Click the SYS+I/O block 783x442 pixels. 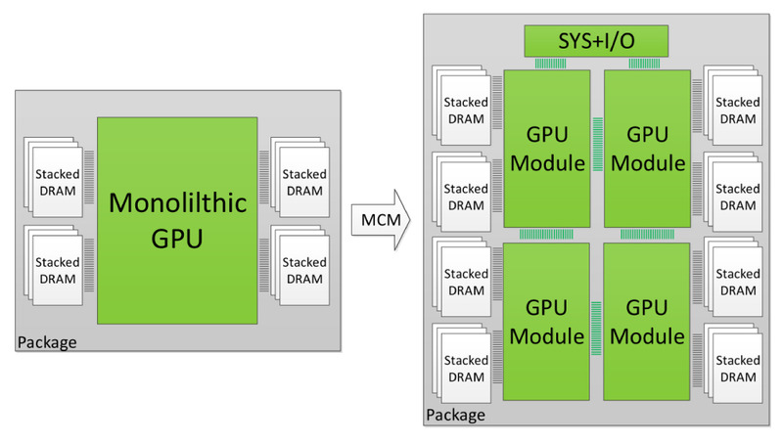pos(596,41)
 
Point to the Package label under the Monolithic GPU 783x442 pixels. pos(47,341)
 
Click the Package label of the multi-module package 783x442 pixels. pos(455,415)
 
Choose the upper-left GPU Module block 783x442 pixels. pos(546,148)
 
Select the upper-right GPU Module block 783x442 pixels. pos(646,148)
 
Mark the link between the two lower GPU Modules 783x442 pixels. pos(596,322)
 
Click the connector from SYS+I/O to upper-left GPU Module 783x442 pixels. pos(549,63)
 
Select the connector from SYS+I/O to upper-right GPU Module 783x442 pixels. pos(645,63)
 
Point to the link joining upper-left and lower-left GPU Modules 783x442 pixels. pos(546,234)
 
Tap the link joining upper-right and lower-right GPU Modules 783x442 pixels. pos(646,234)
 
